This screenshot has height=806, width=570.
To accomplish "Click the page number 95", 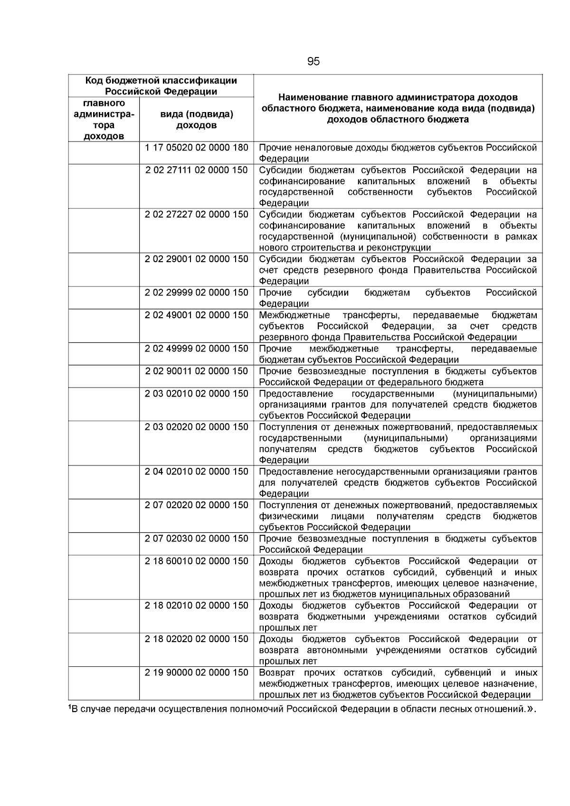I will [x=313, y=62].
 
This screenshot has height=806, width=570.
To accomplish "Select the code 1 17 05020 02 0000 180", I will [x=197, y=148].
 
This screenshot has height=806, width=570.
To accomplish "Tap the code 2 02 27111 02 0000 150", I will [x=197, y=170].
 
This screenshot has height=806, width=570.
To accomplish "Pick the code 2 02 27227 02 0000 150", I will [x=197, y=215].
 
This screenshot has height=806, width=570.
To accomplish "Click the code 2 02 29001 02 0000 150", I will [x=197, y=259].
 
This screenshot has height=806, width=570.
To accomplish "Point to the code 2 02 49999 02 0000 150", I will [x=197, y=349].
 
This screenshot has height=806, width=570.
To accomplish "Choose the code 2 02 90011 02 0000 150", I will [x=197, y=371].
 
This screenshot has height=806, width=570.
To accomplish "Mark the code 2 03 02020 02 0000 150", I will [x=197, y=427].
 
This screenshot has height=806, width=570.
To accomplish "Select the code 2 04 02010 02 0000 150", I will [x=197, y=472].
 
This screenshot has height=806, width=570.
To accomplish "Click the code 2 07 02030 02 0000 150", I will [x=197, y=539].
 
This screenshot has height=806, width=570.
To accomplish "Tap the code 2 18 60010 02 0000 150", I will [x=197, y=561].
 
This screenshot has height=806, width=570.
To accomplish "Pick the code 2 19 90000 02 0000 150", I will [x=197, y=673].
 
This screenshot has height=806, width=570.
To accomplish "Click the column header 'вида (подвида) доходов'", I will [x=197, y=120].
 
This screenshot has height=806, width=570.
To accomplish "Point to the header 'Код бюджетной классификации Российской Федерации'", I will [x=161, y=86].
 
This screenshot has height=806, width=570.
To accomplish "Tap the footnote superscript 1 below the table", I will [x=70, y=708].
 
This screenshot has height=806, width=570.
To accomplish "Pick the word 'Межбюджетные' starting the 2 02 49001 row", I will [x=294, y=315].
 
